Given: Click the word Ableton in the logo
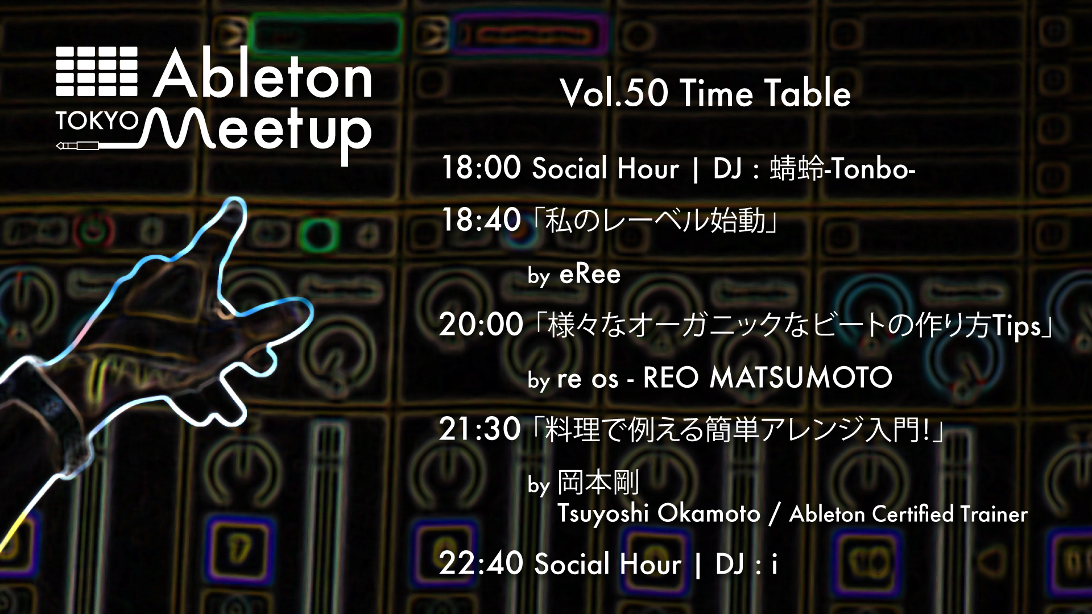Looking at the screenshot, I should coord(263,74).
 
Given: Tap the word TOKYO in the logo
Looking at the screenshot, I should coord(97,121).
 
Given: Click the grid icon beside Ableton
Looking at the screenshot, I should coord(97,71).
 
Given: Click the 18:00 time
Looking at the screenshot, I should coord(481,168).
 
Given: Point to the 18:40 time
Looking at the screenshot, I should coord(481,220).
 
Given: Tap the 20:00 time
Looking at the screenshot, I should coord(481,325).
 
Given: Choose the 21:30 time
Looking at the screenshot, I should coord(479,429).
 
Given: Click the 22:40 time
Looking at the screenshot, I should coord(481,563).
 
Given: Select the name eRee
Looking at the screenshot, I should coord(590,275).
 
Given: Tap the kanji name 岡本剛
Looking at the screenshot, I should coord(598,482).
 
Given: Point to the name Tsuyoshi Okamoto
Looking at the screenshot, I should coord(658,514).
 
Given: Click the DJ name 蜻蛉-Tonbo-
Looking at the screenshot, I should coord(842,169).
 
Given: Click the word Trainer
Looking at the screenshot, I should coord(994,515).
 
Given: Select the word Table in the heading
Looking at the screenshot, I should coord(807,93).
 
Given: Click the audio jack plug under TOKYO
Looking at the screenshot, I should coord(77,146).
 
